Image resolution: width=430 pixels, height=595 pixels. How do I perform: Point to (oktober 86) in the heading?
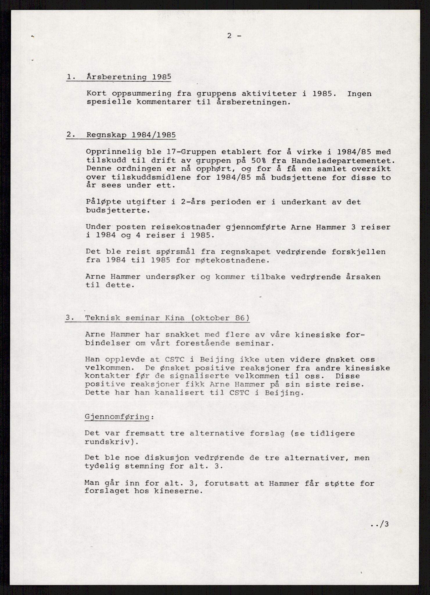219,318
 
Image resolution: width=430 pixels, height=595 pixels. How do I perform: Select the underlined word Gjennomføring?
117,417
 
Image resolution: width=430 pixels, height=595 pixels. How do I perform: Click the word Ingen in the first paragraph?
359,94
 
